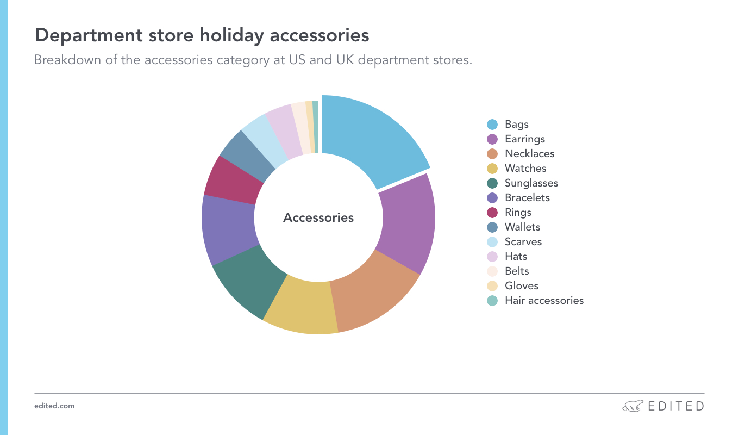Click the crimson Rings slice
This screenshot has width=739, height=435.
click(233, 182)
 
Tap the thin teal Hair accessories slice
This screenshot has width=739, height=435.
click(316, 127)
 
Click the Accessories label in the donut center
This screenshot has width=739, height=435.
click(318, 218)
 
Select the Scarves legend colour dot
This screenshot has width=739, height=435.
click(492, 242)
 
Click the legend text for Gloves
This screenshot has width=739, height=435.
click(521, 286)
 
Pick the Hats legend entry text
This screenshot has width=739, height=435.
click(516, 257)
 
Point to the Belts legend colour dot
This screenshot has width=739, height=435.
click(492, 271)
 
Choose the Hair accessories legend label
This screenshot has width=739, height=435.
click(544, 301)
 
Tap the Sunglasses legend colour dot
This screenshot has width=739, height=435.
click(492, 183)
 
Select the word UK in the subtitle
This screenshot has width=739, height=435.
click(345, 60)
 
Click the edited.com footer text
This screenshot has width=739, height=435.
click(54, 406)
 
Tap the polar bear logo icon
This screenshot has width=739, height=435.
click(632, 406)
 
